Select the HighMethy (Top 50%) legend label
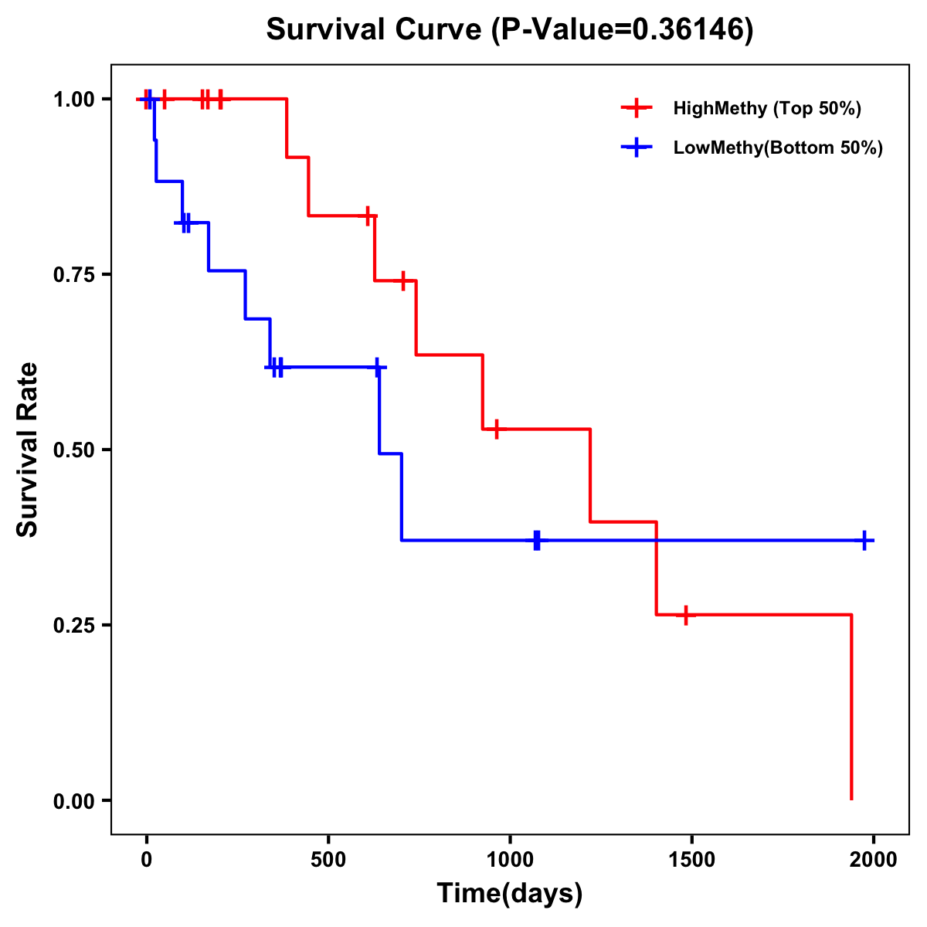tap(767, 108)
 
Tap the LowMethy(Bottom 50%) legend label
tap(778, 148)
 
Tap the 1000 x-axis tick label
tap(510, 860)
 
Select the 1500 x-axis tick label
tap(691, 860)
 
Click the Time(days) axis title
tap(510, 894)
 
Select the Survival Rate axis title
tap(28, 450)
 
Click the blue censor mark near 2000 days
tap(865, 541)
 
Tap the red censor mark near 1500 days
tap(685, 615)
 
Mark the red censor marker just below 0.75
tap(402, 281)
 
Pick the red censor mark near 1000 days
tap(496, 429)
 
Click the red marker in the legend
tap(637, 108)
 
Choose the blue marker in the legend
tap(637, 148)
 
